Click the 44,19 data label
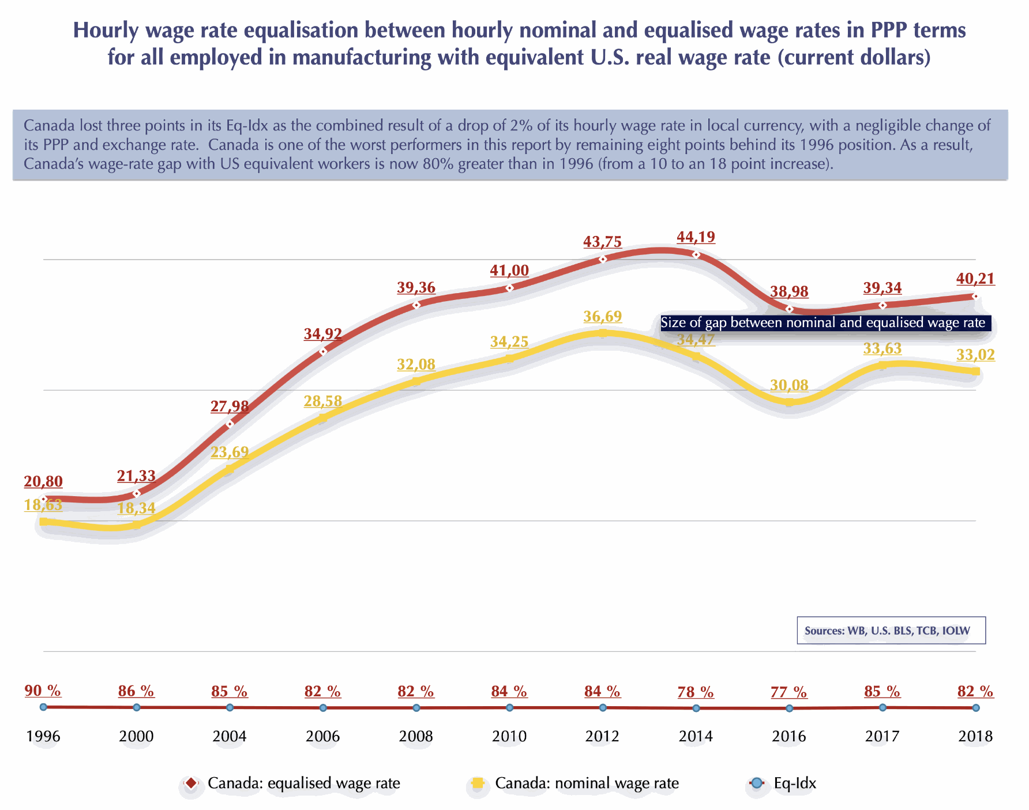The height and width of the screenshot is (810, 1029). click(696, 237)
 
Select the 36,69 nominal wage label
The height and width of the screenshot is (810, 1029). click(602, 316)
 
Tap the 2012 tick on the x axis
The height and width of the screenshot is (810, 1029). click(602, 736)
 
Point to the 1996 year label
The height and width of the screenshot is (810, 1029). click(43, 736)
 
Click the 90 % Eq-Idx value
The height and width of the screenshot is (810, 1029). click(43, 691)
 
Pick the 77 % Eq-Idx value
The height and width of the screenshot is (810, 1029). click(788, 691)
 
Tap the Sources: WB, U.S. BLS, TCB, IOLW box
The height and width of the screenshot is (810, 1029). click(891, 631)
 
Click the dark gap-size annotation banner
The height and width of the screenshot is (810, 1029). click(825, 322)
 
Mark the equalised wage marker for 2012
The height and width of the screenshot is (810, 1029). click(603, 260)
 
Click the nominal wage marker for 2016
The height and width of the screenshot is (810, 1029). click(789, 402)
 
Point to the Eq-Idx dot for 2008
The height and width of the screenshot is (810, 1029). click(416, 707)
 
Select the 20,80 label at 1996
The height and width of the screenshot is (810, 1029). click(43, 482)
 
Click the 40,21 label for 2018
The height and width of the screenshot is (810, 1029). click(975, 279)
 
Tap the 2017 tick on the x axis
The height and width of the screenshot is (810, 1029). click(882, 736)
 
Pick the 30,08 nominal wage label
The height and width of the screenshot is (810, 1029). click(789, 385)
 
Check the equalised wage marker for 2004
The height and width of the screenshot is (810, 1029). click(230, 424)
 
